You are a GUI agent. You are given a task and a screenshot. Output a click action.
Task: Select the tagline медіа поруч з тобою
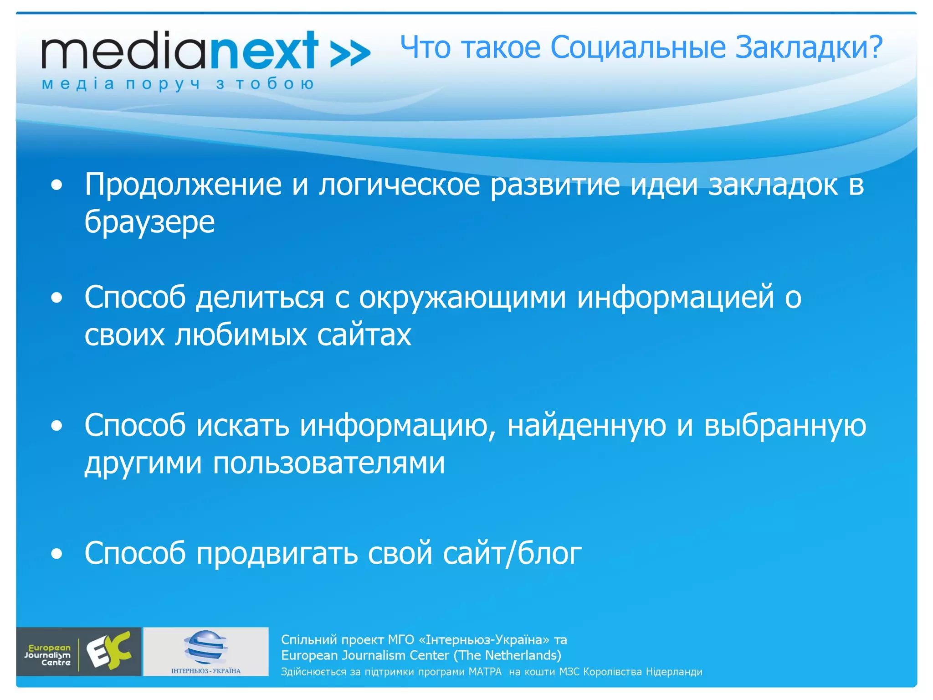point(178,84)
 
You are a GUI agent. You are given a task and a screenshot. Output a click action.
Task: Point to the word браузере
point(149,222)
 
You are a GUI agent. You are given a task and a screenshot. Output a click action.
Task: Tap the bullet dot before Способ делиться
point(56,298)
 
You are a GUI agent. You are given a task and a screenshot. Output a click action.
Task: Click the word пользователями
point(328,463)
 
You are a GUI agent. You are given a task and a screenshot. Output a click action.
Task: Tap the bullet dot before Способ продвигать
point(56,554)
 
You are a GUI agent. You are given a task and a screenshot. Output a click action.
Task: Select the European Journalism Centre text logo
point(48,655)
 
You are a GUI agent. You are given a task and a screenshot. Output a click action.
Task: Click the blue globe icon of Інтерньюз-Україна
point(206,647)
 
